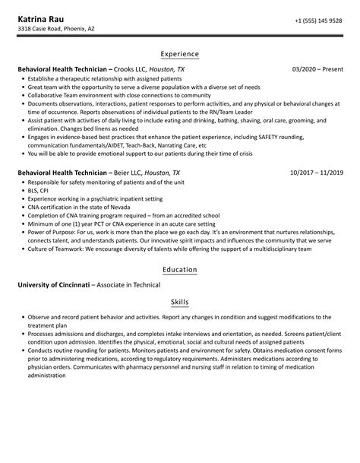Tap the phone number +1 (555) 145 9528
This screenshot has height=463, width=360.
click(319, 21)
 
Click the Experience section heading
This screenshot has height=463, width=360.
click(180, 54)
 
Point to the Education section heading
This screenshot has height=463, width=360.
click(180, 269)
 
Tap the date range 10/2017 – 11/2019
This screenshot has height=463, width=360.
click(317, 173)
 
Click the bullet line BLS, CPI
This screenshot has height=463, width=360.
click(43, 192)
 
